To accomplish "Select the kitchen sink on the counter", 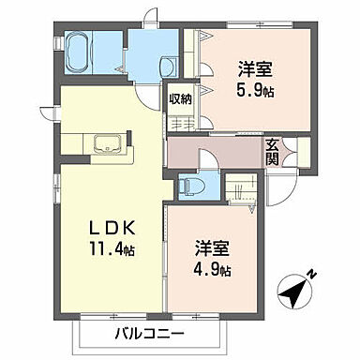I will (110, 145).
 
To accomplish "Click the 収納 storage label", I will (181, 98).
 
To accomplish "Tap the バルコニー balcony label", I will (151, 334).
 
